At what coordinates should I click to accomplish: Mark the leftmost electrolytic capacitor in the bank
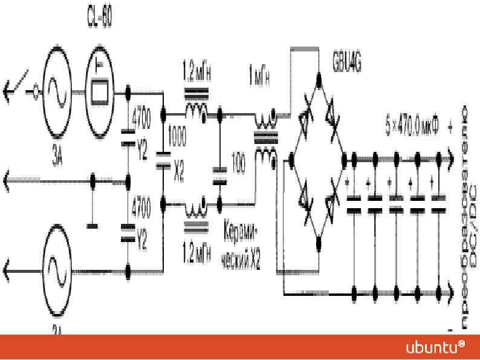(354, 203)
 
